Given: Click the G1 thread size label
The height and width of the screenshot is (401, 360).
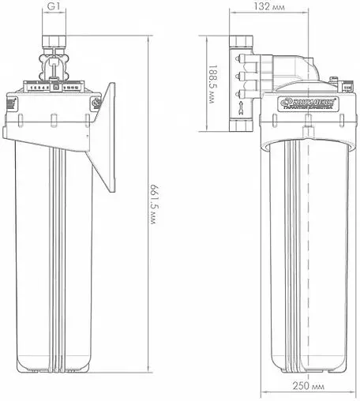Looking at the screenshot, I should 54,8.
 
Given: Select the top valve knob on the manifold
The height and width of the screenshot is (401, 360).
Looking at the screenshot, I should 238,56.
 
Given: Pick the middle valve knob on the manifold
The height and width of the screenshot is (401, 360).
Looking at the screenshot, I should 238,75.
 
